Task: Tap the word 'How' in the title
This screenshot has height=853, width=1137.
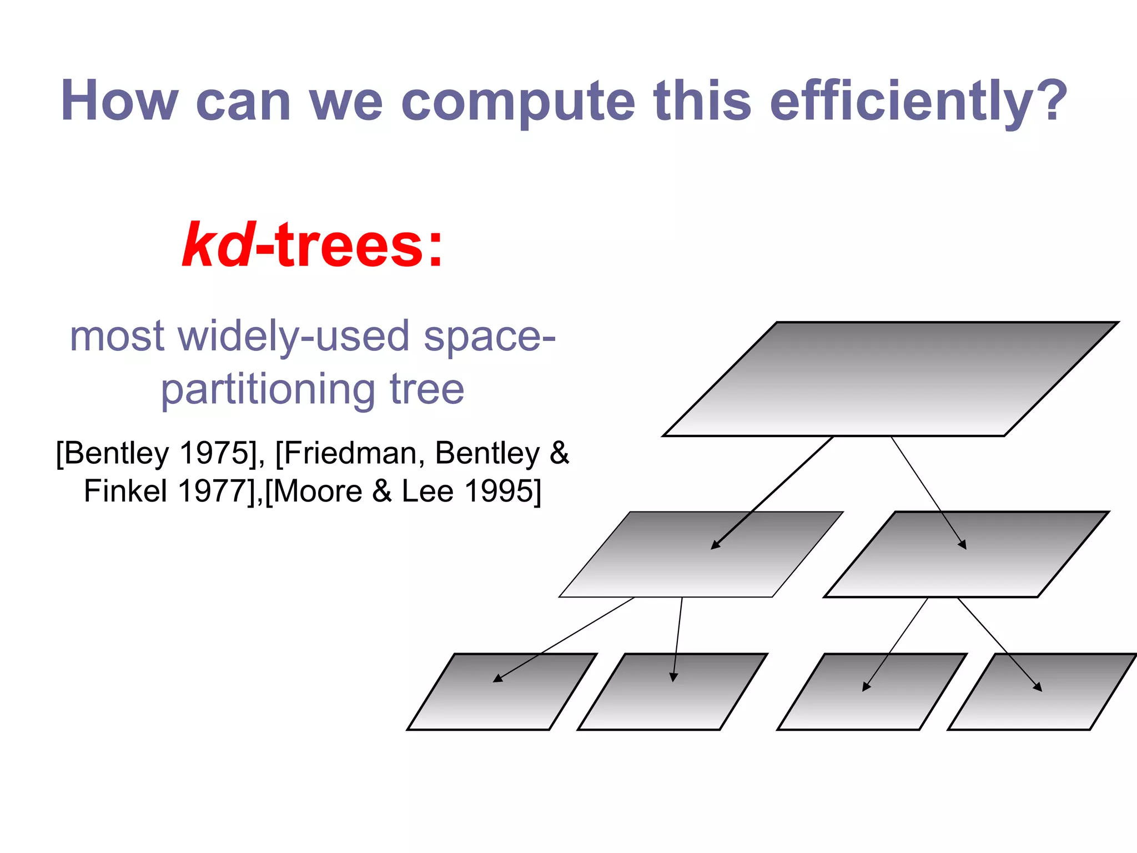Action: pyautogui.click(x=119, y=101)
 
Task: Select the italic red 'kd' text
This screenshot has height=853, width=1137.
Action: pyautogui.click(x=218, y=245)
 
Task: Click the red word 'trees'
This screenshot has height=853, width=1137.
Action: pyautogui.click(x=349, y=245)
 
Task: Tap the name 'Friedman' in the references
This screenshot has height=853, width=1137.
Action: pyautogui.click(x=350, y=453)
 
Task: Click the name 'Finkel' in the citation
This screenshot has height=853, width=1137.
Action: pyautogui.click(x=125, y=491)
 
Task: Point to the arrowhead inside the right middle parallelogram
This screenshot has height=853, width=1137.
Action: pyautogui.click(x=963, y=545)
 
